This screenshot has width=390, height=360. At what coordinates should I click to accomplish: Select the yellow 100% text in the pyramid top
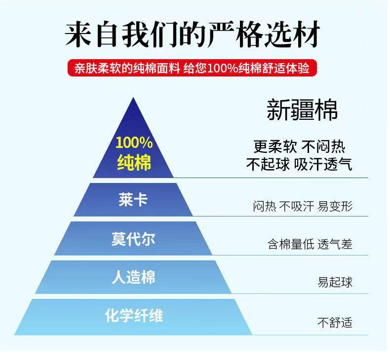134,143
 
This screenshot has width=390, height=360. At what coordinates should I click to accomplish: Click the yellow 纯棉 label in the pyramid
134,163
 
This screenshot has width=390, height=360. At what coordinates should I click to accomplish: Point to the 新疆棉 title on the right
302,109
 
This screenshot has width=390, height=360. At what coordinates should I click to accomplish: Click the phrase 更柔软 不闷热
299,146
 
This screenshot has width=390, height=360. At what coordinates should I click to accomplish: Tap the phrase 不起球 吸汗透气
299,164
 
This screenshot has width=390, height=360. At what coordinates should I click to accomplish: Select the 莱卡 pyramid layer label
133,200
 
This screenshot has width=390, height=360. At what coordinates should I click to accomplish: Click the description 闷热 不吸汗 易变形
303,206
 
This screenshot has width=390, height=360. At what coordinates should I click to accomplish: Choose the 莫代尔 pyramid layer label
133,239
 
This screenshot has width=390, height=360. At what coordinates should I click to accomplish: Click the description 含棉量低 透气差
310,244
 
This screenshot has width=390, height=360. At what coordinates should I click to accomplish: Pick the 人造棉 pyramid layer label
133,277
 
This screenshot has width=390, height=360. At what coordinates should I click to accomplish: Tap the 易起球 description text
335,283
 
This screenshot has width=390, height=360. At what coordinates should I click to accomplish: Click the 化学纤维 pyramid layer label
133,316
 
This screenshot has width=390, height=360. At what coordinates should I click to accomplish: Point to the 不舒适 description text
335,323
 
